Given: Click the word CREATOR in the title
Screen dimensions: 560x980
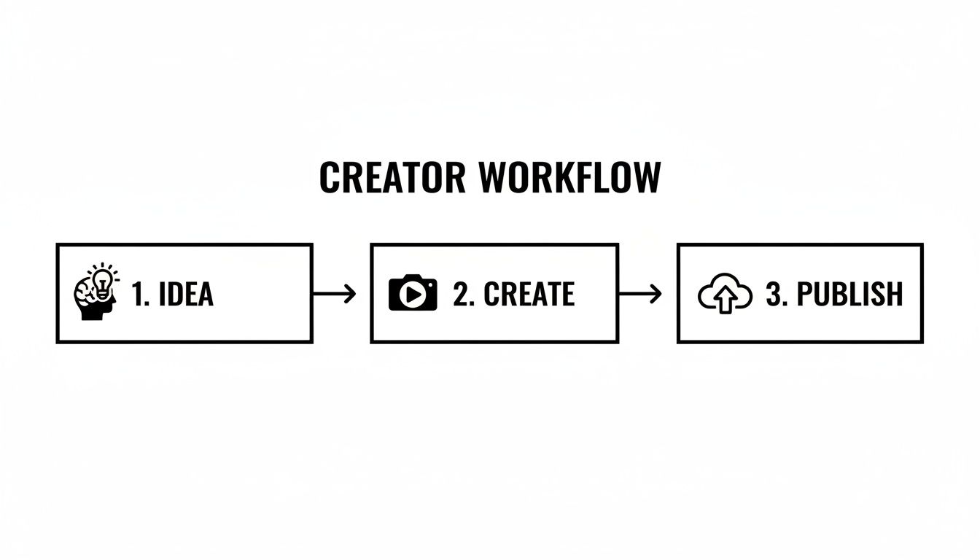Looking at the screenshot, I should (392, 177).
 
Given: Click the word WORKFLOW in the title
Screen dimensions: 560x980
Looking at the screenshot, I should (569, 177).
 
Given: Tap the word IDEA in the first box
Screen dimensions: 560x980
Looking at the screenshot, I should (186, 294).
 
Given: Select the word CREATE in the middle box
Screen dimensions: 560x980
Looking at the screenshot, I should (529, 294).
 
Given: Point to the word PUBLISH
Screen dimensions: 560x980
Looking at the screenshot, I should (849, 294).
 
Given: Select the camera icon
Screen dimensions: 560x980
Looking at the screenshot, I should (413, 293).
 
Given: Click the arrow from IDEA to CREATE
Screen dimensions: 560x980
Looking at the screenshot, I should (334, 294).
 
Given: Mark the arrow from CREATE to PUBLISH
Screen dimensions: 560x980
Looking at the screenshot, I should (639, 294).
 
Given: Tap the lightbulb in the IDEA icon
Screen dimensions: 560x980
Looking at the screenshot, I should (103, 281).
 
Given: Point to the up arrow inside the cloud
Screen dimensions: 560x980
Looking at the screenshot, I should (725, 300).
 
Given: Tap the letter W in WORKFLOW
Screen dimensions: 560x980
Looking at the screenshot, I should (495, 177).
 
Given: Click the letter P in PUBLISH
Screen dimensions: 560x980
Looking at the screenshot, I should (805, 294).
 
